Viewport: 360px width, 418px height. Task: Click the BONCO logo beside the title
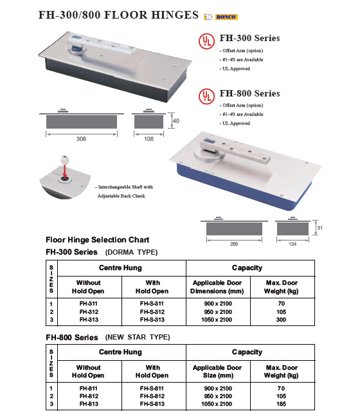click(x=221, y=17)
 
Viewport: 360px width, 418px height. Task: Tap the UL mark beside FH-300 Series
click(x=206, y=41)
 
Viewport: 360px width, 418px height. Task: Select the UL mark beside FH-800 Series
click(x=206, y=96)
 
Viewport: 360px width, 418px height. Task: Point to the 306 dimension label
click(x=81, y=139)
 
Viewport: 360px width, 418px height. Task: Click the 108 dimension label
click(x=148, y=139)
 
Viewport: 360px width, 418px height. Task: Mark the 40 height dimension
click(x=176, y=121)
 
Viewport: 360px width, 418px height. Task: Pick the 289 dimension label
click(x=234, y=244)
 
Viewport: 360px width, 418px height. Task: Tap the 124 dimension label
click(x=292, y=244)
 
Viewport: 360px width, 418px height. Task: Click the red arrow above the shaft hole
click(x=64, y=171)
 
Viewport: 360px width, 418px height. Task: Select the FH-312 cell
click(x=89, y=312)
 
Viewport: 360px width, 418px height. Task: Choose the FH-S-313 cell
click(x=152, y=320)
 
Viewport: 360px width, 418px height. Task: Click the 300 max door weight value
click(x=281, y=320)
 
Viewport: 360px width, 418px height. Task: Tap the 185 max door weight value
click(x=281, y=404)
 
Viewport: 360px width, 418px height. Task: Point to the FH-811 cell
click(x=89, y=388)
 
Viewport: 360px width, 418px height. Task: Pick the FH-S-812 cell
click(x=152, y=396)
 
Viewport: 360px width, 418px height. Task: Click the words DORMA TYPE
click(x=131, y=252)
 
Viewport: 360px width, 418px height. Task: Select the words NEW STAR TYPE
click(x=138, y=337)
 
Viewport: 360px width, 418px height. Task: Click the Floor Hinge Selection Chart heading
click(x=98, y=240)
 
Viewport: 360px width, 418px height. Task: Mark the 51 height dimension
click(x=320, y=228)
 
